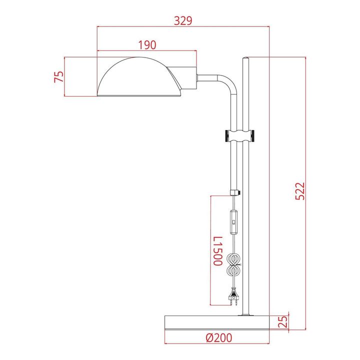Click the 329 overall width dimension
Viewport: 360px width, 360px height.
[x=183, y=20]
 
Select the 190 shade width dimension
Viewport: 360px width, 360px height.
[x=146, y=44]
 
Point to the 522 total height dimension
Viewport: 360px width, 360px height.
[x=298, y=191]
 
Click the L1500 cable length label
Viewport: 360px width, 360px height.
[x=216, y=251]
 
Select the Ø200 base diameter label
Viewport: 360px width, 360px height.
[x=218, y=337]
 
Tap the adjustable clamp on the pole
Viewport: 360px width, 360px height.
[x=240, y=135]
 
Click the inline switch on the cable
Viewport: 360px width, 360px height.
[x=233, y=222]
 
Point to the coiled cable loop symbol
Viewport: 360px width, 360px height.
[x=233, y=265]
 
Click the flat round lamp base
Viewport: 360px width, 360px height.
[x=218, y=322]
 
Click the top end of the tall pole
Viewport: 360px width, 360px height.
[x=245, y=60]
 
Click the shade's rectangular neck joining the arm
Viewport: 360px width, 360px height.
[x=189, y=78]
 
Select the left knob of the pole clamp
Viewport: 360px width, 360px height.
[x=226, y=135]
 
